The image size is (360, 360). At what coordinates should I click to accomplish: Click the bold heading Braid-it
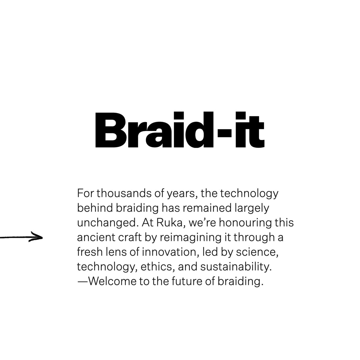coord(180,130)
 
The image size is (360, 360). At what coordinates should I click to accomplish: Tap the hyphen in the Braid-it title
coord(224,133)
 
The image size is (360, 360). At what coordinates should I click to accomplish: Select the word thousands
coord(124,193)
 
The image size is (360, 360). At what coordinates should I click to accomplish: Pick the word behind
coord(95,208)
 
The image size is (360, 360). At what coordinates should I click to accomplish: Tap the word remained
coord(207,208)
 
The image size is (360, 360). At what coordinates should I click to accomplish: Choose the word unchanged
coord(108,223)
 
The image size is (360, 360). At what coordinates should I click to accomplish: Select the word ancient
coord(96,237)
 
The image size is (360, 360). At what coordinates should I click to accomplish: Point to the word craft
coord(130,237)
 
